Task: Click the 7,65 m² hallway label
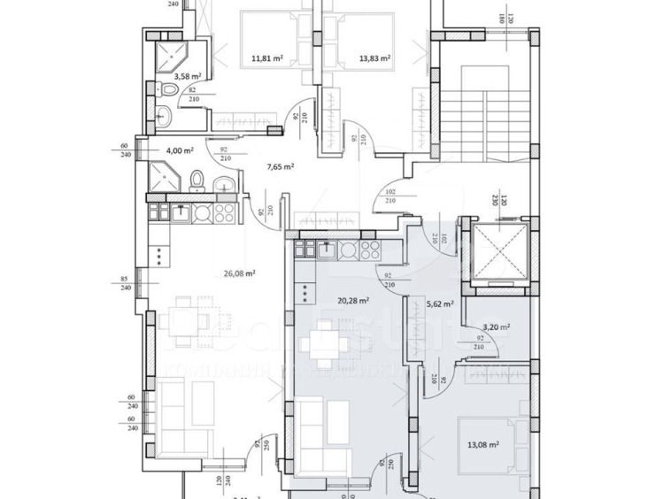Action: click(281, 165)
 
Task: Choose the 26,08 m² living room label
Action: click(240, 273)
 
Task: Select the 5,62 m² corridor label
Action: click(440, 303)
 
